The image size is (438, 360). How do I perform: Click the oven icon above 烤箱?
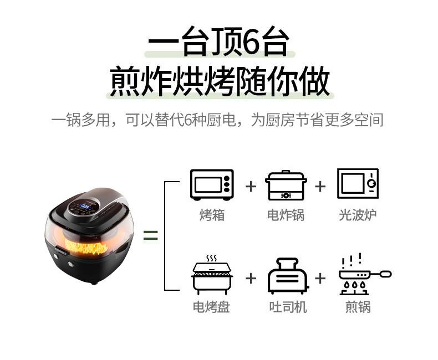point(212,185)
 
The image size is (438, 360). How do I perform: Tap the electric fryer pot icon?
point(286,185)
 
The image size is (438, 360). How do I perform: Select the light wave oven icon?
point(358,184)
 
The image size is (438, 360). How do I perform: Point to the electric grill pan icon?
point(212,275)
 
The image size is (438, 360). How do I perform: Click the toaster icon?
point(288,276)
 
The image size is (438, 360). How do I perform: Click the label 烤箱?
point(212,215)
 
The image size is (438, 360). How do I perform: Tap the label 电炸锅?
point(286,215)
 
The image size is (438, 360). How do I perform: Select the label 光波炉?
point(358,215)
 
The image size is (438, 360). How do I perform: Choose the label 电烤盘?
point(211,307)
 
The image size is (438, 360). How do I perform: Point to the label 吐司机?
point(288,307)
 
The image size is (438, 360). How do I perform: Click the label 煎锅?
point(358,307)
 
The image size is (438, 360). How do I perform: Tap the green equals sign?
point(151,235)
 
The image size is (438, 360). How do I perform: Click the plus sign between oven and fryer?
point(251,187)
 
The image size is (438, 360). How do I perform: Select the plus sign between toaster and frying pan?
point(320,278)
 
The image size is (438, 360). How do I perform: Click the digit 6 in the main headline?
point(251,42)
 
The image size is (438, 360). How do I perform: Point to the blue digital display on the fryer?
point(85,207)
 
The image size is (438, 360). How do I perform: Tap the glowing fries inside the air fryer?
point(86,246)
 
